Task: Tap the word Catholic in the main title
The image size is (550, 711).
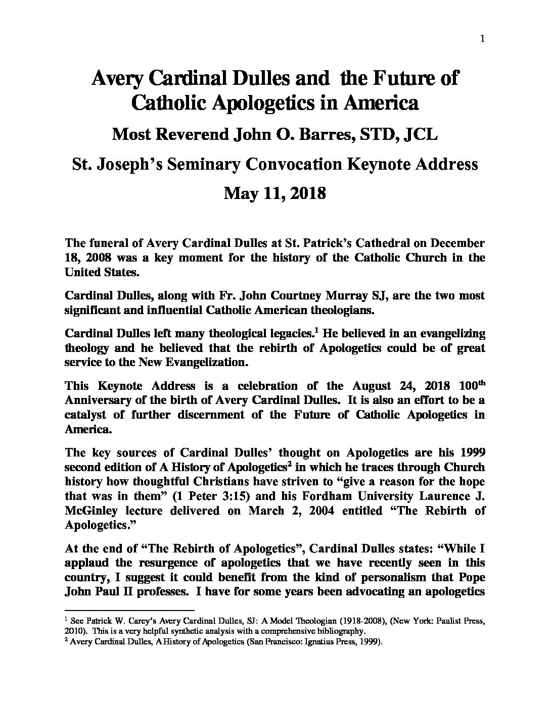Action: pyautogui.click(x=169, y=103)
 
